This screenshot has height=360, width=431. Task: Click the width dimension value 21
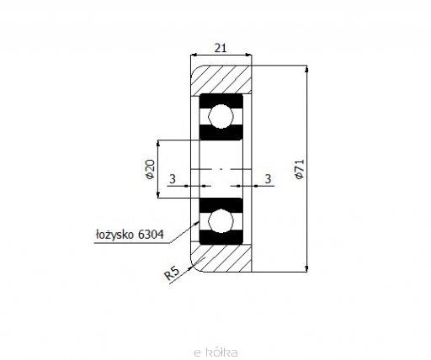pos(221,49)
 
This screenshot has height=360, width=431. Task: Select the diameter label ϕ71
pos(300,169)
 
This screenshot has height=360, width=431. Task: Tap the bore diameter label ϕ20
pos(150,169)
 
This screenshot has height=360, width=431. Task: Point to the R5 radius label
pos(172,273)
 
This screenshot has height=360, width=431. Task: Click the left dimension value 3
pos(173,179)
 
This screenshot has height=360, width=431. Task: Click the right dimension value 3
pos(269,179)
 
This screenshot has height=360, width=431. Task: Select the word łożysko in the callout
pos(114,235)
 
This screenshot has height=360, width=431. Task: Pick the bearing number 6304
pos(151,234)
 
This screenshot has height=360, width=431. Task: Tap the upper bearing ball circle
pos(221,116)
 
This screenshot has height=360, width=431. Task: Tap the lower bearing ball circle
pos(221,221)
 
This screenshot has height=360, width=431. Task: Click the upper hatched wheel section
pos(221,80)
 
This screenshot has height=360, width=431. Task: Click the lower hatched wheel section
pos(221,257)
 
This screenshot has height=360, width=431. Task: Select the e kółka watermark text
pos(215,352)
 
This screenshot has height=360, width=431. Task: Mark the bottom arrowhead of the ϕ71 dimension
pos(306,268)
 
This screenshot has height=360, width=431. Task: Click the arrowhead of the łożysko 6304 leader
pos(196,223)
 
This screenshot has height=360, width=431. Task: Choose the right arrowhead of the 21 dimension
pos(248,55)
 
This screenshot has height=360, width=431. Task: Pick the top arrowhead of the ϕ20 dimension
pos(157,143)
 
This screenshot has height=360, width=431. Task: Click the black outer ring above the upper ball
pos(221,100)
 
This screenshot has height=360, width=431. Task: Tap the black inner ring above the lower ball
pos(221,204)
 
